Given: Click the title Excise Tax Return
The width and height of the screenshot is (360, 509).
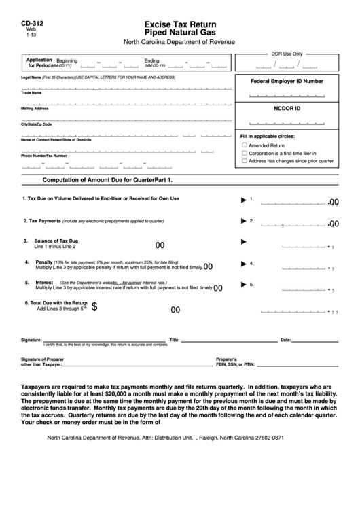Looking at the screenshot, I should pos(179,22).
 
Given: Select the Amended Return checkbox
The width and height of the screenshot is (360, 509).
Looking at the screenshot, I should pos(245,145).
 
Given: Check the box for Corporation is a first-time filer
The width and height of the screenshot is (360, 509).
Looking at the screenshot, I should pos(245,154).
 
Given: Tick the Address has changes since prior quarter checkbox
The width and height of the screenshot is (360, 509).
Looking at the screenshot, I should pos(245,161).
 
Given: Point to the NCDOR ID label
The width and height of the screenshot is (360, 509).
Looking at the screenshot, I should pos(287,108).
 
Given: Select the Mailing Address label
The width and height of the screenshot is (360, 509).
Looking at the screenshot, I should pos(35,109).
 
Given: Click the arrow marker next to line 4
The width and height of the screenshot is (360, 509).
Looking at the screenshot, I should pos(243,263).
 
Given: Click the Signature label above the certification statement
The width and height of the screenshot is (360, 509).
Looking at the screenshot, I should pos(31,340).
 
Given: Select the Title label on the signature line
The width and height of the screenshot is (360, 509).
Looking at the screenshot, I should pos(174,340).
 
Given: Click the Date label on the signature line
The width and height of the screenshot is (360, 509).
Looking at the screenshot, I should pos(285,340).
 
